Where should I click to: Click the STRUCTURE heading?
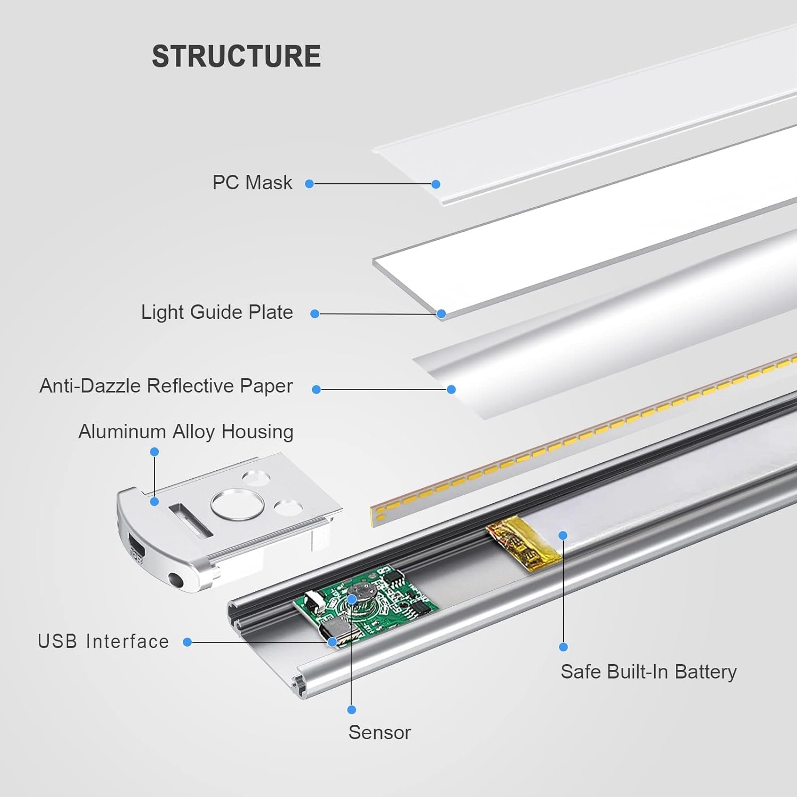pos(236,56)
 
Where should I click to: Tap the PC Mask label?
pos(252,183)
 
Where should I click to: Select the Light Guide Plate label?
pos(217,312)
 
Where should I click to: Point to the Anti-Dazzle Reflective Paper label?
pos(166,386)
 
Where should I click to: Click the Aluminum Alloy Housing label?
pos(185,432)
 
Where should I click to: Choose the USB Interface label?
pos(103,642)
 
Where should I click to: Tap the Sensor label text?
pos(379,733)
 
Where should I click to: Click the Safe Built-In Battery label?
pos(648,672)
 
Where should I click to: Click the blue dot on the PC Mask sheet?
pos(436,184)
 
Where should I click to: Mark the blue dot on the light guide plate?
pos(441,314)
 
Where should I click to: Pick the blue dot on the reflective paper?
pos(451,389)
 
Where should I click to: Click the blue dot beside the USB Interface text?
pos(187,642)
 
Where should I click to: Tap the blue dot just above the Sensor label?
pos(351,710)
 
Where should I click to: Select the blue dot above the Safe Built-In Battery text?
pos(563,647)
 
